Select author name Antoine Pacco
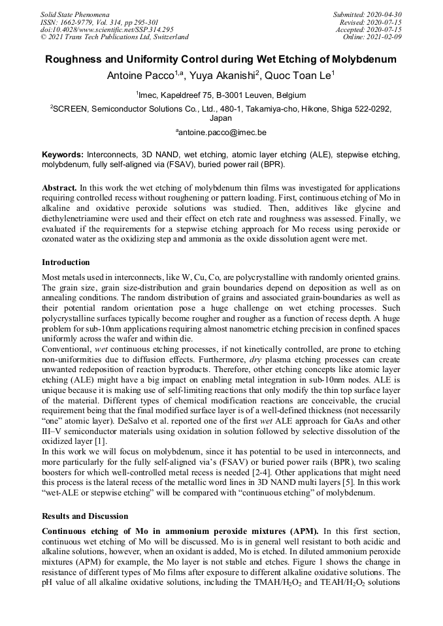tap(134, 76)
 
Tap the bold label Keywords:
tap(63, 155)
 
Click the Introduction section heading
tap(66, 262)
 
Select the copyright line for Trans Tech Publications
tap(114, 37)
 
